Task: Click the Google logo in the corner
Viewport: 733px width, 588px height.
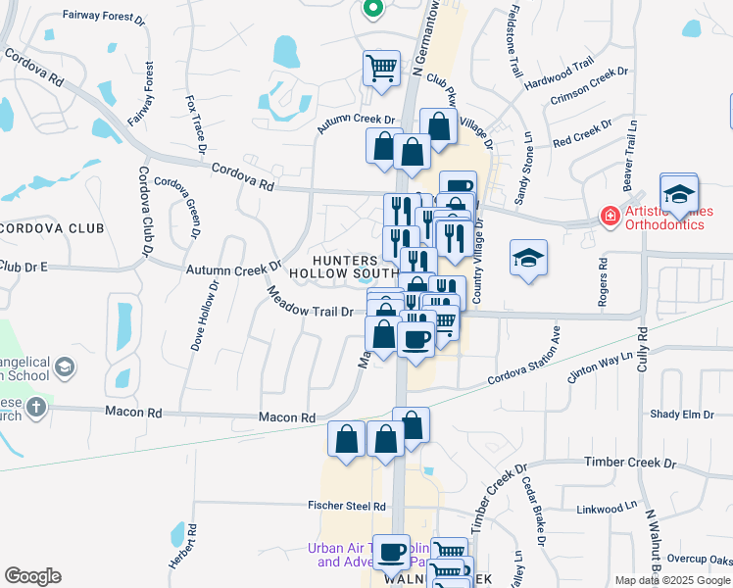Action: click(32, 576)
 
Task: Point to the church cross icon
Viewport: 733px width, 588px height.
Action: click(36, 408)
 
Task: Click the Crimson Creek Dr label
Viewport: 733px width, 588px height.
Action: click(588, 86)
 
